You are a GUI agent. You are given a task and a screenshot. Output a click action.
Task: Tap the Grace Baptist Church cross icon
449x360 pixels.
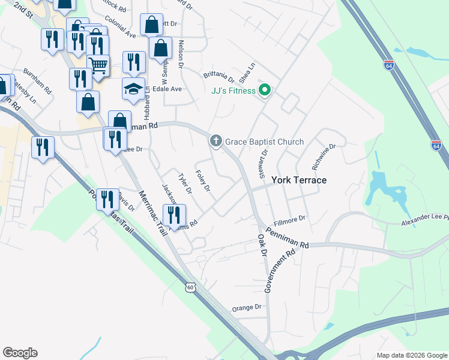point(215,142)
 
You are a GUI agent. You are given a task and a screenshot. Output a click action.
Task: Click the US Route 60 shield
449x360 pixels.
point(190,288)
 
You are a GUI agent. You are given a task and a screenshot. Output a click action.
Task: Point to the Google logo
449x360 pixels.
point(20,353)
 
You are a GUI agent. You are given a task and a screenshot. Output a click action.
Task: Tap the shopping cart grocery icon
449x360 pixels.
point(98,65)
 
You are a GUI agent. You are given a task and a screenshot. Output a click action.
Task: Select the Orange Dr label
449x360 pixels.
point(247,307)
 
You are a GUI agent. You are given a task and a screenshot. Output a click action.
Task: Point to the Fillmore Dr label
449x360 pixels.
point(289,220)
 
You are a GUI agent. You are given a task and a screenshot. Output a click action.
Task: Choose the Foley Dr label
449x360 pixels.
point(202,181)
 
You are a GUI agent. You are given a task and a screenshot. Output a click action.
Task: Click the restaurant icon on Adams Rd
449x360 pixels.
point(174,215)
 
